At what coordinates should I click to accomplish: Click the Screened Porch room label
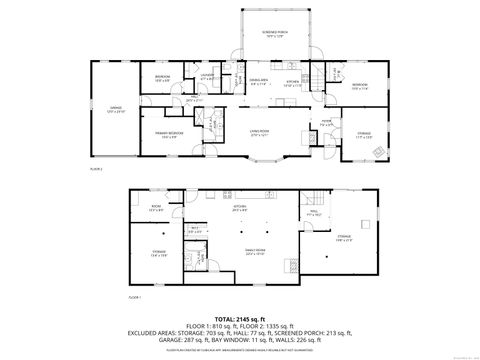click(x=262, y=35)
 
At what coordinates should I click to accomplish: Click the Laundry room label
click(x=207, y=75)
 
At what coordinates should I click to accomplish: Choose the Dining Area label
click(x=258, y=82)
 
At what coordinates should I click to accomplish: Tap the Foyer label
click(x=325, y=124)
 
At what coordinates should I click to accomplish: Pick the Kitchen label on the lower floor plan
click(x=241, y=209)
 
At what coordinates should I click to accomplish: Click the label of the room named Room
click(x=155, y=208)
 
